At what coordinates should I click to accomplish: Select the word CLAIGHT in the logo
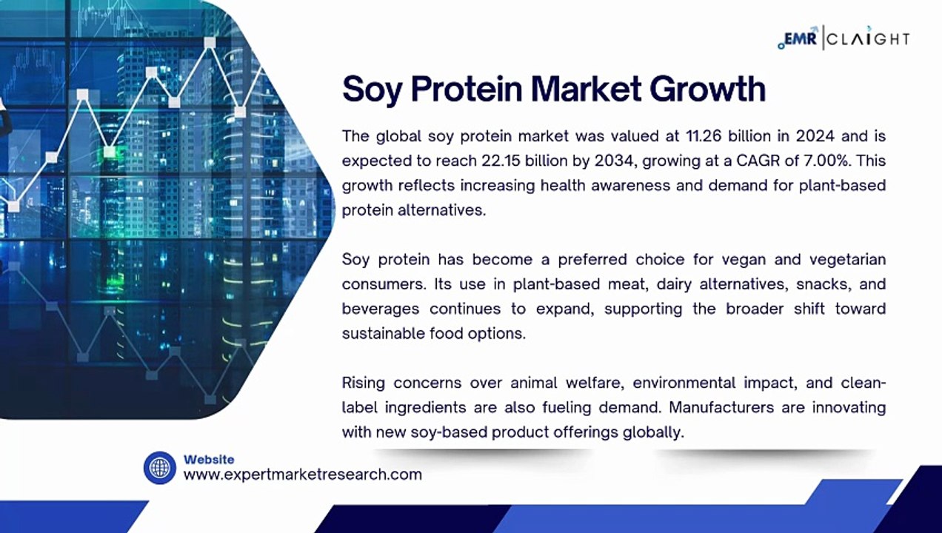click(868, 39)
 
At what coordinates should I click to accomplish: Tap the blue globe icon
click(159, 468)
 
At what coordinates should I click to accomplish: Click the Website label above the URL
click(209, 460)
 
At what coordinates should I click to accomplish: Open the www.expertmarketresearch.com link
click(302, 475)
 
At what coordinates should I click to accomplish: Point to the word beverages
click(380, 309)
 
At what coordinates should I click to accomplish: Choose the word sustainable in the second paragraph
click(383, 333)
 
